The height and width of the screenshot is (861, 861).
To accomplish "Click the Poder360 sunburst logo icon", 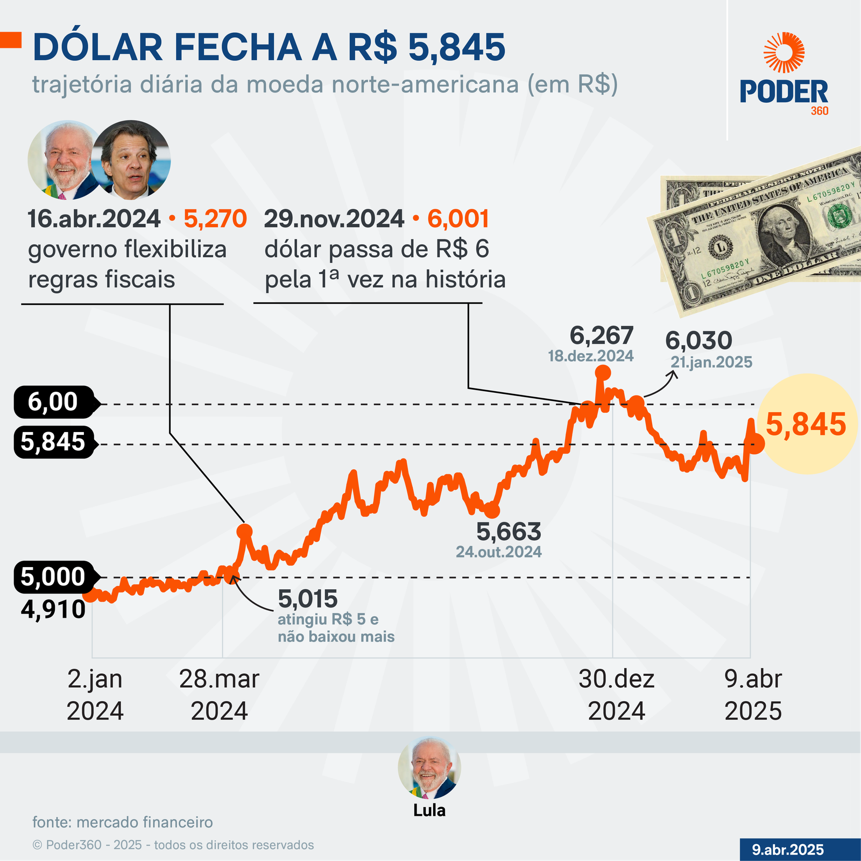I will pos(784,52).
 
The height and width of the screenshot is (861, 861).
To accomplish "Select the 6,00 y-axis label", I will pos(53,402).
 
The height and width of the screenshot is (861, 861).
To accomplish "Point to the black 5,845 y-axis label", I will pos(53,442).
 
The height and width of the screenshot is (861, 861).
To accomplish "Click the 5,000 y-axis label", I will pos(53,577).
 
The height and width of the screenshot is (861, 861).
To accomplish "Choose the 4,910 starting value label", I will pos(53,610).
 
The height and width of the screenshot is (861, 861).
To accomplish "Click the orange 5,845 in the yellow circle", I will pos(806,424).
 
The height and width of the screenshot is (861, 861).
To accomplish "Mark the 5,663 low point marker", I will pos(492,510).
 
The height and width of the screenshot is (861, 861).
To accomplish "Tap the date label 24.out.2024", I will pos(499,552).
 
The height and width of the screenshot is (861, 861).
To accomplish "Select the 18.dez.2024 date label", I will pos(591,356).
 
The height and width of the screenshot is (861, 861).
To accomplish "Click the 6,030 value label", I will pos(698,341).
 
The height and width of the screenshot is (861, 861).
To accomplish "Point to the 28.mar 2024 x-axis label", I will pos(219,695).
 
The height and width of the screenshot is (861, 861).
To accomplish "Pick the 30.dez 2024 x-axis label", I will pos(617,695).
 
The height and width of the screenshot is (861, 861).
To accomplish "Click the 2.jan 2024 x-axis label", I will pos(95,695).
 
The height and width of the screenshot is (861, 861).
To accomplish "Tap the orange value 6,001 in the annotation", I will pos(458,219).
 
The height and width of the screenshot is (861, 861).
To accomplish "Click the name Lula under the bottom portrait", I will pos(429,810).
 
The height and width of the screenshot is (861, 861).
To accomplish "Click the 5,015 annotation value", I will pos(308,599).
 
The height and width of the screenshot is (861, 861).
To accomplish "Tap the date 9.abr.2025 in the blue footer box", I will pos(788,850).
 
